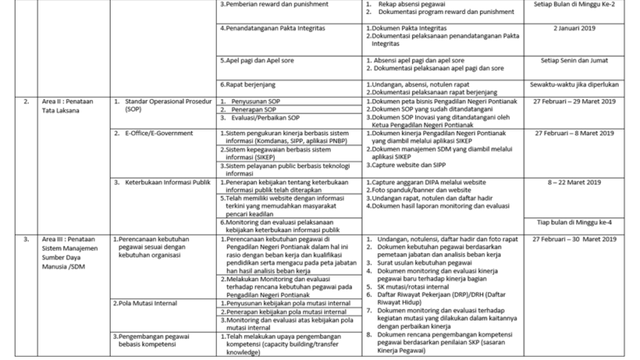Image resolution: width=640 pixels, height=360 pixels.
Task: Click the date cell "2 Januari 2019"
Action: click(579, 28)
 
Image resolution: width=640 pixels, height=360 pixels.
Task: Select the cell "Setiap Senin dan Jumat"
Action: click(579, 60)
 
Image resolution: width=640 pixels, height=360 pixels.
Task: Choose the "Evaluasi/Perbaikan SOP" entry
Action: click(176, 117)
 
